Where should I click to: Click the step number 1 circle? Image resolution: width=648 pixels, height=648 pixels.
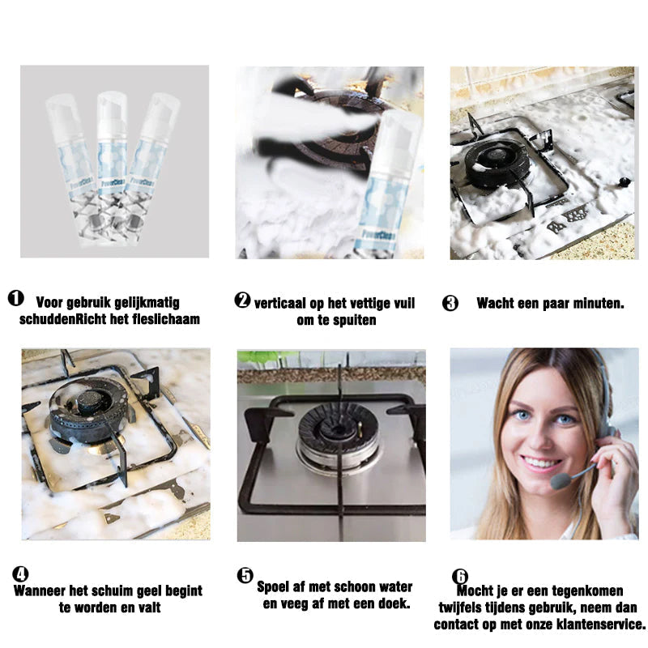15,298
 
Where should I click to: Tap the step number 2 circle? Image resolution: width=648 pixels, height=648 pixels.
242,300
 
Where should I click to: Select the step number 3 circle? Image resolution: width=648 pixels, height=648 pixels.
450,303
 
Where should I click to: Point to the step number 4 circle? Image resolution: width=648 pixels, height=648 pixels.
20,574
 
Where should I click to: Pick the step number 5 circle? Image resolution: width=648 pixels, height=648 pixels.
245,575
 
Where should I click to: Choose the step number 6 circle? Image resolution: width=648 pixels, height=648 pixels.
460,576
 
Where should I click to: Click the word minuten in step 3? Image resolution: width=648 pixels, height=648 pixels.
598,303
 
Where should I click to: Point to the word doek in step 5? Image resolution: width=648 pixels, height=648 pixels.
395,603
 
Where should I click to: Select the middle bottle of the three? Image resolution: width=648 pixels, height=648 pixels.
112,168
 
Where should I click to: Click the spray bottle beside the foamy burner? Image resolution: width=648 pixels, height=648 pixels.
389,183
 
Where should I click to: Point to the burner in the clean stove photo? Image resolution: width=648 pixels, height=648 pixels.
338,438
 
